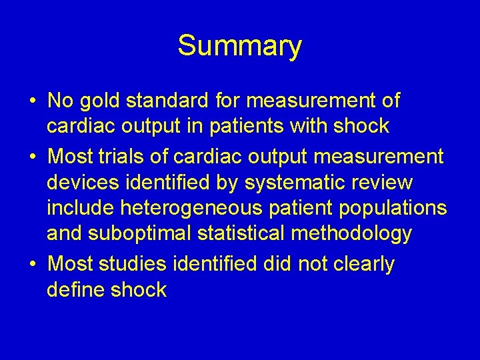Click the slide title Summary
click(x=239, y=47)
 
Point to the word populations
click(x=393, y=208)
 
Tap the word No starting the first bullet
click(x=61, y=101)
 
